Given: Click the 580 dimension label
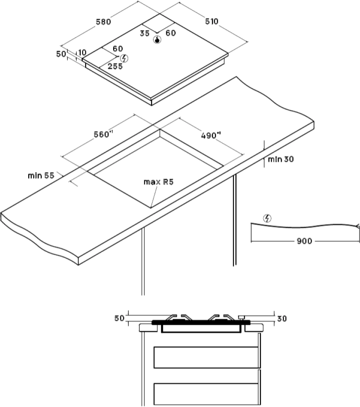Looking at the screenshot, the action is [103, 22].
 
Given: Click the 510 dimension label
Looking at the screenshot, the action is [212, 21].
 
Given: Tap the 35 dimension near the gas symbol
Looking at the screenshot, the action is [145, 33].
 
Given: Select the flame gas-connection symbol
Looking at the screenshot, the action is [157, 40].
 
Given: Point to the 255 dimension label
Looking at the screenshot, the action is [115, 66].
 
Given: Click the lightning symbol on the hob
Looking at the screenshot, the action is [125, 58].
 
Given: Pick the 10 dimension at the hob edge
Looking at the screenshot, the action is [82, 52].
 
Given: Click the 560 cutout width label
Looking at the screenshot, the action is [103, 135].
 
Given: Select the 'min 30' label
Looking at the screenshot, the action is [281, 159].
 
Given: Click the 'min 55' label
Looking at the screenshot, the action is [41, 176].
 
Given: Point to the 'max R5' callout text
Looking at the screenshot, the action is [159, 182].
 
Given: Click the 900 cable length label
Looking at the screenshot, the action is [304, 241].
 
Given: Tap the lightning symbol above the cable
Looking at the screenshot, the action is [267, 219].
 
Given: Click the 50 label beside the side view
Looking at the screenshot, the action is [119, 318].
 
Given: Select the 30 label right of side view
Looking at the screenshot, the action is [282, 319].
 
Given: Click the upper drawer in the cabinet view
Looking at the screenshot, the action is [206, 357].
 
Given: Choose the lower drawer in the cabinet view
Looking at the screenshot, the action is [206, 394].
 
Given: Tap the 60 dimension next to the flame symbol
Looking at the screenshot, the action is [171, 33].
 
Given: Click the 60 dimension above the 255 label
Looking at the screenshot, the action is [118, 49].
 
